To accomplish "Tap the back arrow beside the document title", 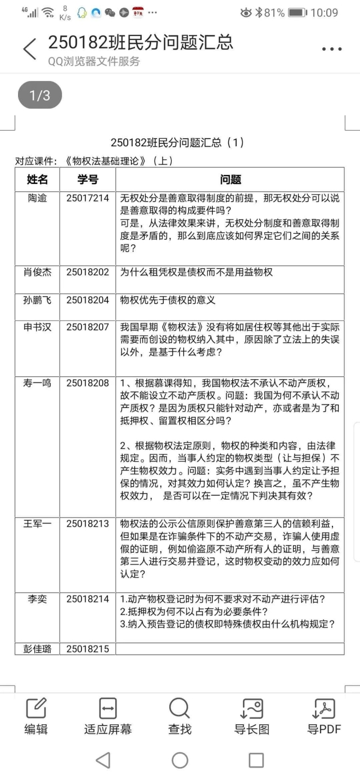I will (30, 49).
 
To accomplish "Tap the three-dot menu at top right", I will (332, 50).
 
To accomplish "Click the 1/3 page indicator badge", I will (40, 96).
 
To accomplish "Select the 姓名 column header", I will (38, 180).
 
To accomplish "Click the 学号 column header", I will (88, 180).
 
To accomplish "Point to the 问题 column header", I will (230, 180).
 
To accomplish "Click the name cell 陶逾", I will (38, 198).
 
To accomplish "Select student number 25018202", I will (88, 272).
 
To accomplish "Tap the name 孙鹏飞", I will (38, 301).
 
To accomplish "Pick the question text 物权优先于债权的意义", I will (168, 301).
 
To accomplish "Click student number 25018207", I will (88, 328).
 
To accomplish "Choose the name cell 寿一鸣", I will (38, 383).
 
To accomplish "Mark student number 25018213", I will (88, 524).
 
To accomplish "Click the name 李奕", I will (38, 599).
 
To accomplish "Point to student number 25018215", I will (88, 649).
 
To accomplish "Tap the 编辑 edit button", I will (36, 716).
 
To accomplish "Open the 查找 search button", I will (179, 716).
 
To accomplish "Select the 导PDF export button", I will (324, 716).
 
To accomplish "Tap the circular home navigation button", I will (180, 760).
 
